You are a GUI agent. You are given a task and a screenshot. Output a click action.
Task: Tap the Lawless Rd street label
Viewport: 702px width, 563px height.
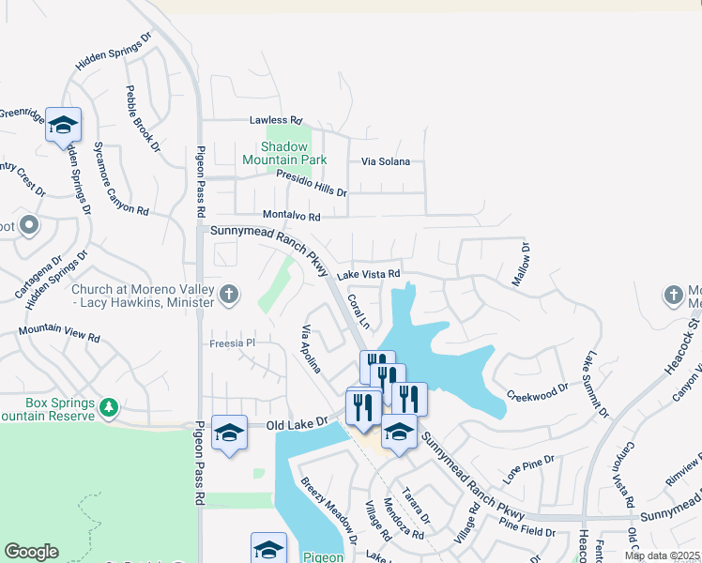click(x=276, y=121)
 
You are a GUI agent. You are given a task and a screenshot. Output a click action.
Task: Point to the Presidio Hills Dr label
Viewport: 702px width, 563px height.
click(x=311, y=184)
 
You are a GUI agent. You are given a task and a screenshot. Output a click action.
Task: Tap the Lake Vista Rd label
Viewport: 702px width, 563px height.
click(x=370, y=274)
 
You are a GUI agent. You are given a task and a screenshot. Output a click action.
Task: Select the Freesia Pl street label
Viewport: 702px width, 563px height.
click(x=232, y=343)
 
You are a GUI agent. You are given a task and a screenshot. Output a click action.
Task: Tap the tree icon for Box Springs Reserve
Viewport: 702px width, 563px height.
click(x=110, y=407)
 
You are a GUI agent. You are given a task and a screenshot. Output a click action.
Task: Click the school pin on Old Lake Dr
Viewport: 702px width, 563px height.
click(x=229, y=433)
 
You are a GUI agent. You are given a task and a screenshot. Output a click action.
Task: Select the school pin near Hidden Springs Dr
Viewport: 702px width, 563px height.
click(x=63, y=125)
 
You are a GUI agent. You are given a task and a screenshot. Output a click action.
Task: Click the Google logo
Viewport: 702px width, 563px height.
click(x=31, y=552)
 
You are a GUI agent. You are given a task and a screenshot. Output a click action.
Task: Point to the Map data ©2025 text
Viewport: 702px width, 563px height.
click(x=661, y=555)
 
